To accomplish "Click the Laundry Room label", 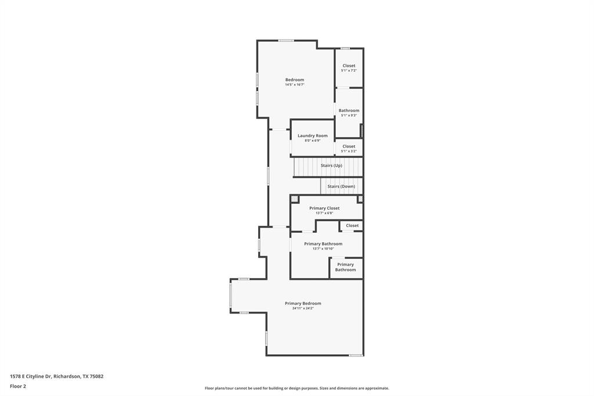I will tap(312, 136).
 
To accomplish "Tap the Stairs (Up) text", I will tap(331, 165).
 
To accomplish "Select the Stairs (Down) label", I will tap(341, 186).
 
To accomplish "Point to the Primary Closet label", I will tap(324, 208).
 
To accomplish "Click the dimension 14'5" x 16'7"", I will tap(294, 85).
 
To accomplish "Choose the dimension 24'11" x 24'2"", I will tap(303, 308).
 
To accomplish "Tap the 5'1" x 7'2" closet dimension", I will tap(349, 70).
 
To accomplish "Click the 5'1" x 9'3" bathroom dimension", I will tap(349, 115).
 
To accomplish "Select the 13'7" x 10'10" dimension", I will tap(323, 249).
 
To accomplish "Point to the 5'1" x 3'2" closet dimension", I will tap(349, 151).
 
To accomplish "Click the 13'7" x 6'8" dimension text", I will tap(324, 213).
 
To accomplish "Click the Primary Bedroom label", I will tap(303, 303).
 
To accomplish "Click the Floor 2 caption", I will tap(18, 386).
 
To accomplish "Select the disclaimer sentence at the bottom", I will tap(296, 388).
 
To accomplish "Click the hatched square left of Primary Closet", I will tap(294, 199).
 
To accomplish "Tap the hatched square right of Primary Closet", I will tap(360, 199).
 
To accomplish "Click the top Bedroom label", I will tap(294, 80).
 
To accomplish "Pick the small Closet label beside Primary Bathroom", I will tap(352, 225).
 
